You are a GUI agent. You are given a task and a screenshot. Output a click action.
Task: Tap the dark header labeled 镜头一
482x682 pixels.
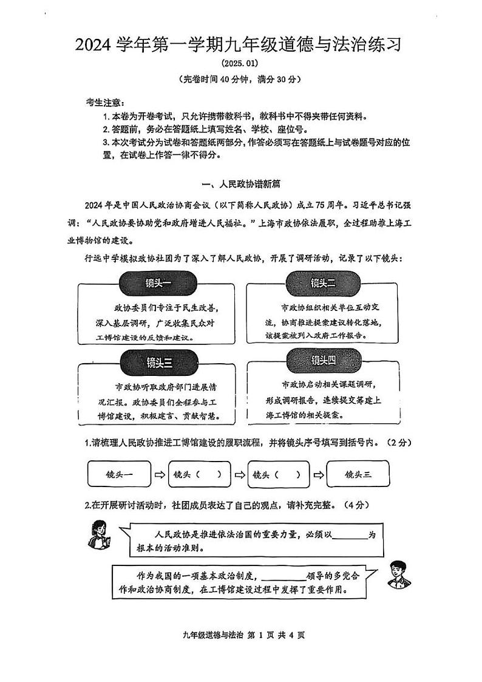click(158, 284)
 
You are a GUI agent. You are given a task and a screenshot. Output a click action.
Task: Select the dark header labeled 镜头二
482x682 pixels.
click(323, 282)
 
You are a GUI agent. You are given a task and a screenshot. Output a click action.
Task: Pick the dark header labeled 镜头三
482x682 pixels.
click(159, 363)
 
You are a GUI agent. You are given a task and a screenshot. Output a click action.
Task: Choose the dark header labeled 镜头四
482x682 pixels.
click(324, 361)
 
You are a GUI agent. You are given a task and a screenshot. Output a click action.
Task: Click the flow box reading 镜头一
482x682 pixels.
click(118, 474)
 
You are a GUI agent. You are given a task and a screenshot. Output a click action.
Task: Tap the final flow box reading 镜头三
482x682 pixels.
click(358, 474)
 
